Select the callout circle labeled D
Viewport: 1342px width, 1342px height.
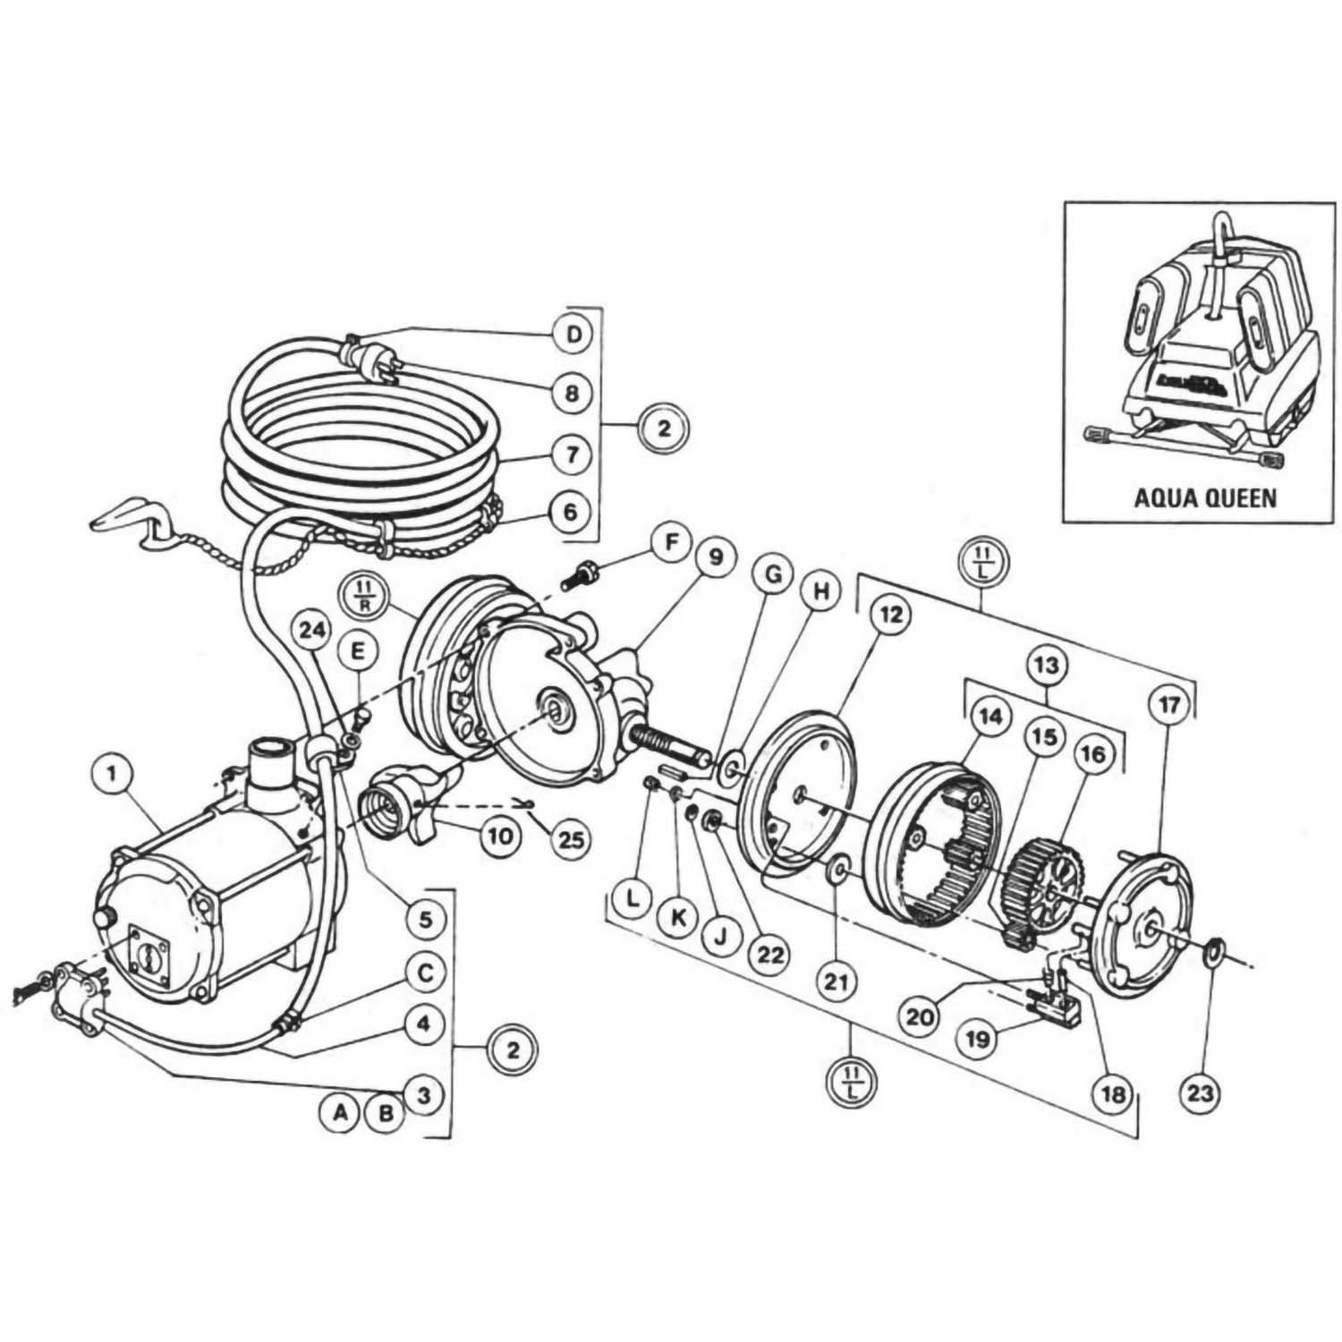pyautogui.click(x=573, y=335)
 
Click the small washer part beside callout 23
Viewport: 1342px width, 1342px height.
pyautogui.click(x=1215, y=946)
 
